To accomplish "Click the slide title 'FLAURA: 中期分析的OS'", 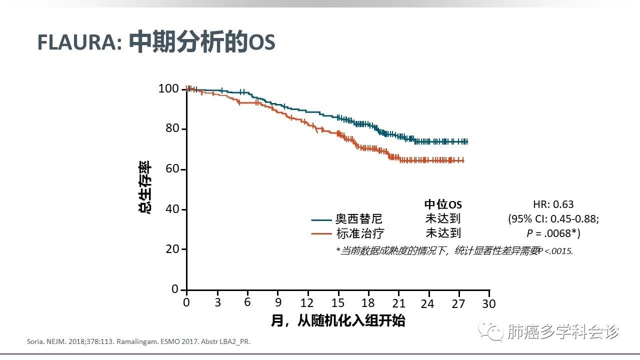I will point(156,43).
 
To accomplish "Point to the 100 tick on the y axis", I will point(168,89).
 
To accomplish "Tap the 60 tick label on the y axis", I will point(172,169).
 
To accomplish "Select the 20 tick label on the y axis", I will point(172,249).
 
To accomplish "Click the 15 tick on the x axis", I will point(338,303).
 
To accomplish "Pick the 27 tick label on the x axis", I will point(458,303).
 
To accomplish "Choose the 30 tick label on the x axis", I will point(488,303).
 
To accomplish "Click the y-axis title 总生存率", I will point(145,188).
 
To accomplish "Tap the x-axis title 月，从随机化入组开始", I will point(338,320).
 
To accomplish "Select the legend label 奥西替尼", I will point(359,219).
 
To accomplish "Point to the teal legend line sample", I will point(322,219).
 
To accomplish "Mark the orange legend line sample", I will point(322,233).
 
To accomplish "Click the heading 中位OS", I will point(443,204).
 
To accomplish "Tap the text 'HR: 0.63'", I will point(553,204).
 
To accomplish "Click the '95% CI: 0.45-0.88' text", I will point(553,219).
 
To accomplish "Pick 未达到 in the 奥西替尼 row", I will point(443,218).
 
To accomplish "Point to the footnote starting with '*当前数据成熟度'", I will point(454,251).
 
